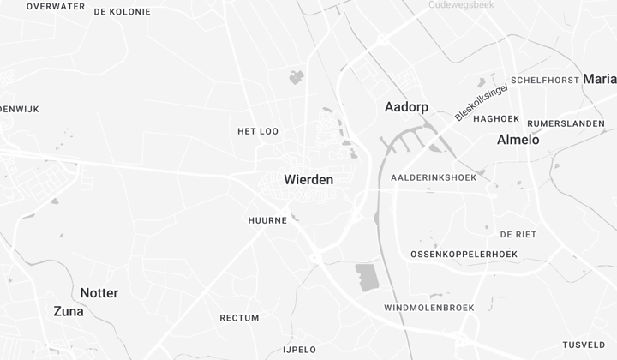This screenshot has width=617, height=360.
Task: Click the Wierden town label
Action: point(308,181)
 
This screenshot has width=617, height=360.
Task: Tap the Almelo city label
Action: point(518,140)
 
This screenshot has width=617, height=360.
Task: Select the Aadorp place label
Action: point(406,107)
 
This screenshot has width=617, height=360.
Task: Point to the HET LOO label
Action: point(258,131)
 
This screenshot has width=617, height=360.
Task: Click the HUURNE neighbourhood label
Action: point(267,220)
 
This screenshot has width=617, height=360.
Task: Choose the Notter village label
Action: point(99,293)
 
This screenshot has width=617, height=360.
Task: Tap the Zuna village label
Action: point(69,311)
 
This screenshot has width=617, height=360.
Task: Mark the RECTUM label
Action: point(239,318)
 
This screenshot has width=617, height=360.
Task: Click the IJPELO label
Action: point(300,350)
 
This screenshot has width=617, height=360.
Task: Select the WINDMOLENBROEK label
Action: point(429,308)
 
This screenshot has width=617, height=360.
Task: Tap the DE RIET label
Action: point(518,234)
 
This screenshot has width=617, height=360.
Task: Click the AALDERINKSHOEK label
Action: point(433,177)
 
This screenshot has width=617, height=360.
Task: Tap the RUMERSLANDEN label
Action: point(566,123)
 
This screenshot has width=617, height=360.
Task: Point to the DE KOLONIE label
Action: point(122,12)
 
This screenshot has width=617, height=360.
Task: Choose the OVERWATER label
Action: point(56,6)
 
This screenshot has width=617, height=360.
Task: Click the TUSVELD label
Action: point(584,345)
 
